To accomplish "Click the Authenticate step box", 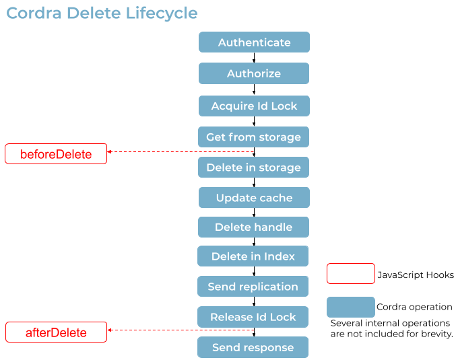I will point(254,42).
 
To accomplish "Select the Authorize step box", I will point(254,74).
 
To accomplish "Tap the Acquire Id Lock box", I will point(254,106).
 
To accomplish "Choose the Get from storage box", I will point(253,137).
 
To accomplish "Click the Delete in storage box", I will point(253,168).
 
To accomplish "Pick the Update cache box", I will point(254,198).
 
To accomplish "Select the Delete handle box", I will point(253,227).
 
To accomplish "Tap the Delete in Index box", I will point(253,256).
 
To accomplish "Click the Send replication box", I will point(253,287).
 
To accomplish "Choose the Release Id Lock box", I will point(253,317).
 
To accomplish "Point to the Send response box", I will point(253,347).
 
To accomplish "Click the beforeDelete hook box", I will point(56,154).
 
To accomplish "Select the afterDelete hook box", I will point(56,332).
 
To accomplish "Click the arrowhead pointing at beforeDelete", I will point(110,152).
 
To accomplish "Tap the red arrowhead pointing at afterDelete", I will point(110,330).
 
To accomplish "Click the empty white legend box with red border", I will point(350,274).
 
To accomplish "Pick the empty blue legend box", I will point(350,308).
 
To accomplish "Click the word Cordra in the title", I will point(34,13).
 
